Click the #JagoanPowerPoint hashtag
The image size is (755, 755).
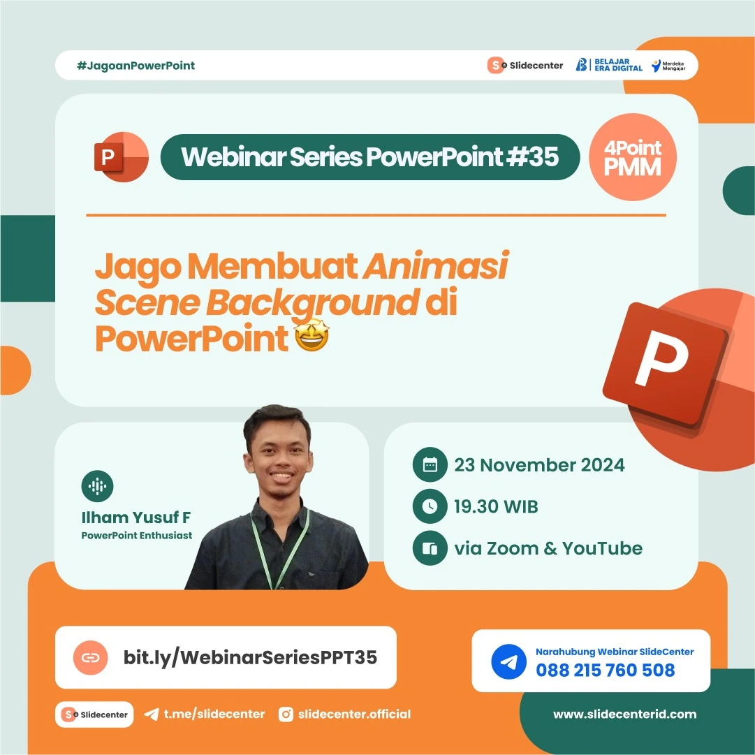[135, 66]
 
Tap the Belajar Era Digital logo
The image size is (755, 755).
[608, 65]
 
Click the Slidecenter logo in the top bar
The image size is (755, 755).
[525, 66]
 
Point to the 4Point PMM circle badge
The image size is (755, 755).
[633, 158]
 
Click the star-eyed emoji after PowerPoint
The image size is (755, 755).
[311, 339]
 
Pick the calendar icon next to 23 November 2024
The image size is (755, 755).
[430, 465]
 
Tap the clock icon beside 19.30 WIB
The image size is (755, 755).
[430, 507]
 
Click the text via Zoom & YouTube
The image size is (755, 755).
[548, 548]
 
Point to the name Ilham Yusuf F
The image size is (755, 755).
[136, 518]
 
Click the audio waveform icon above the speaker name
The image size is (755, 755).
[97, 486]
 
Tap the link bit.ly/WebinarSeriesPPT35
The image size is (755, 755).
[250, 657]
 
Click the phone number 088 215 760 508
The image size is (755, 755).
[605, 670]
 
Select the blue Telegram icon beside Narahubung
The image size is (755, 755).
[508, 661]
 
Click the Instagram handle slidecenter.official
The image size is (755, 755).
[354, 714]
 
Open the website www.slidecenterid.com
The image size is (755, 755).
[624, 714]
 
